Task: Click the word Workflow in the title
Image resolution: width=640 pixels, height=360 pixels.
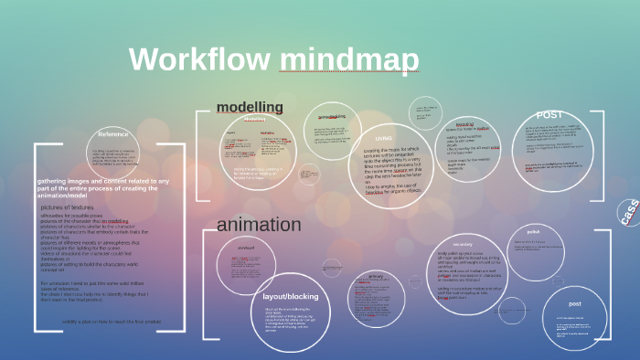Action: (199, 60)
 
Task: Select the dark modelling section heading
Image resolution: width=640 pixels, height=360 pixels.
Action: (250, 108)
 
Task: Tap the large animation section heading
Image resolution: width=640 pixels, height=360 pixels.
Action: (259, 225)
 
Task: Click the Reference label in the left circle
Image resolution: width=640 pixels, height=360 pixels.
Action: (113, 134)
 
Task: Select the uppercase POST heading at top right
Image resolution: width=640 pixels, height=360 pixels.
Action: (549, 114)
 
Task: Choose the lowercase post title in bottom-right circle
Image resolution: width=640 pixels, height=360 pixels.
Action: (574, 303)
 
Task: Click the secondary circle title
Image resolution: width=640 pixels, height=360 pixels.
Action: (462, 245)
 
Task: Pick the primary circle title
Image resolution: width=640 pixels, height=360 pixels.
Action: (375, 276)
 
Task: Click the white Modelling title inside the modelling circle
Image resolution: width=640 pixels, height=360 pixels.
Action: (255, 120)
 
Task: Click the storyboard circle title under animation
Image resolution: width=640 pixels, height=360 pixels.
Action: (245, 248)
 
